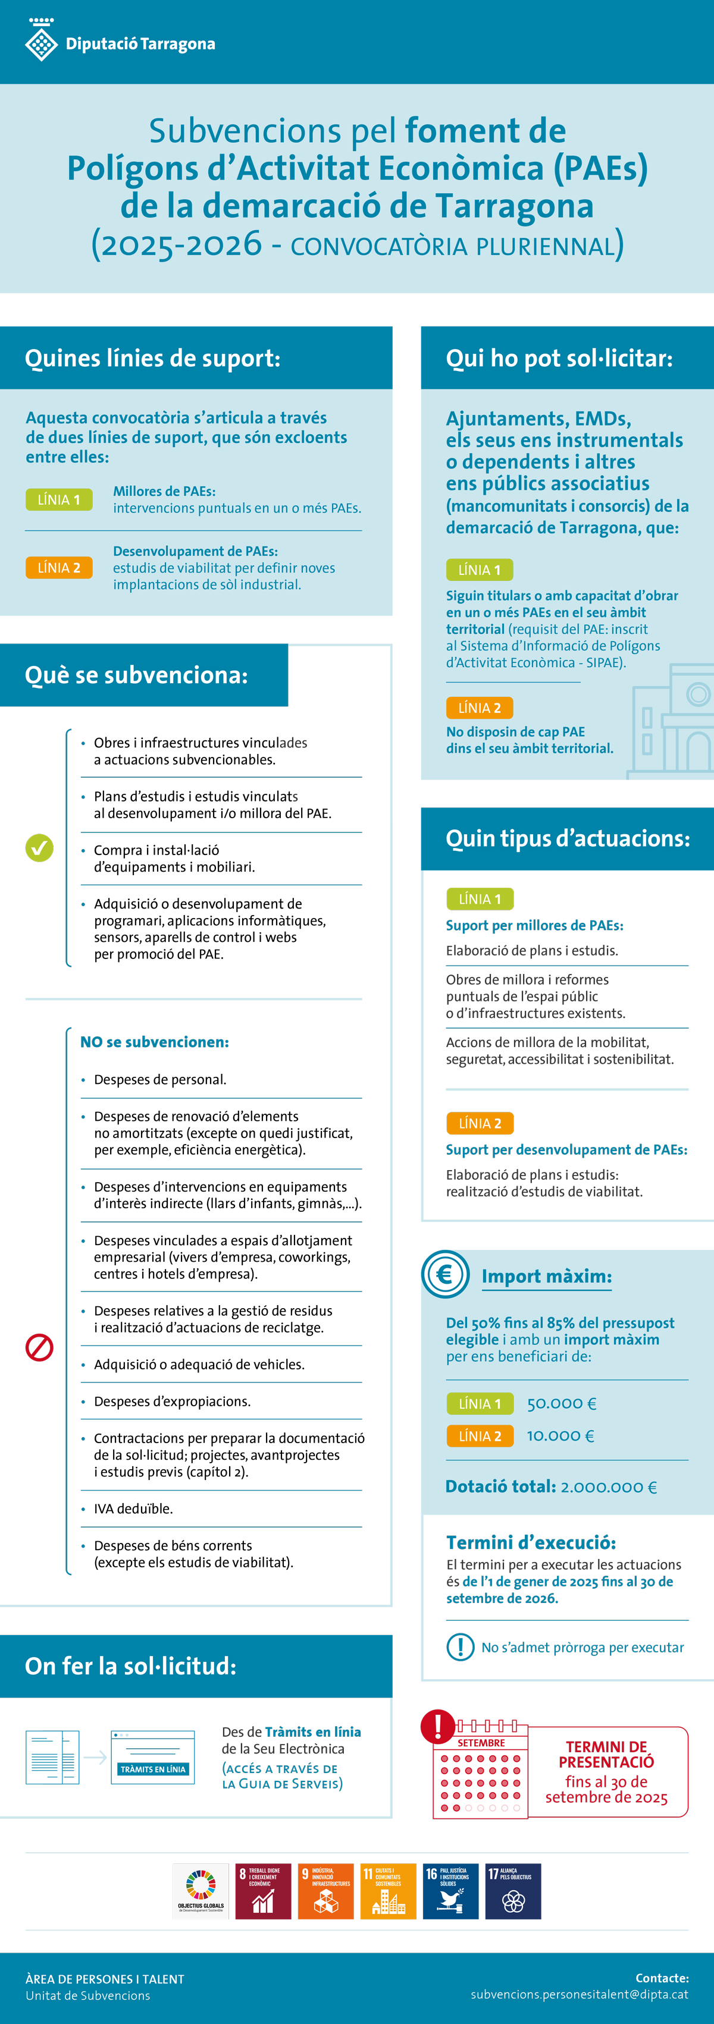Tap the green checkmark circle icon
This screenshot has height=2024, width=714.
[x=39, y=848]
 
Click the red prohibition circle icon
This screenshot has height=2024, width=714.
[x=39, y=1347]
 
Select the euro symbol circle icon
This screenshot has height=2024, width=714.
[x=445, y=1274]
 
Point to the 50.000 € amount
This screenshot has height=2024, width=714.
[x=562, y=1403]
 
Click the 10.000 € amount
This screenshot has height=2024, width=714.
[x=560, y=1435]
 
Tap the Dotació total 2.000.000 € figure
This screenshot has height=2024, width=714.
[x=551, y=1486]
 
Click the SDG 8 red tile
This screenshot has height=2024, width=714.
[x=262, y=1891]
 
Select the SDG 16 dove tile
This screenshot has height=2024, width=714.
[x=450, y=1891]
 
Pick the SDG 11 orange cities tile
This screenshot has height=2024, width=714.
[x=388, y=1891]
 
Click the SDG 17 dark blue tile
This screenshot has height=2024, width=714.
[x=513, y=1891]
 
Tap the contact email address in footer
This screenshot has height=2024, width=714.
[x=580, y=1994]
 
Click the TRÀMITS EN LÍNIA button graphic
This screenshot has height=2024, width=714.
[x=152, y=1769]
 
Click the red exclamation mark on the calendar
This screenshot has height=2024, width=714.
[x=438, y=1726]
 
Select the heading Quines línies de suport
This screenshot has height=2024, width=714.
[x=152, y=359]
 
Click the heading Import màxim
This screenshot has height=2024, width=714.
[x=547, y=1276]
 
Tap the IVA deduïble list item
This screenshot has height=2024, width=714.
[x=133, y=1508]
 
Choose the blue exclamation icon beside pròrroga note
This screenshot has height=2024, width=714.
[x=460, y=1647]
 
